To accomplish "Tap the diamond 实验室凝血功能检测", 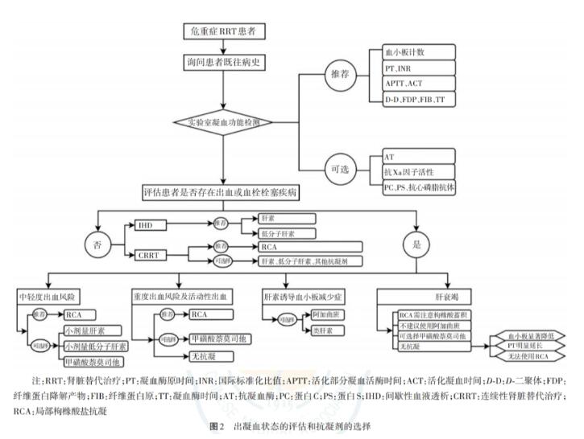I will click(x=222, y=123).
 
